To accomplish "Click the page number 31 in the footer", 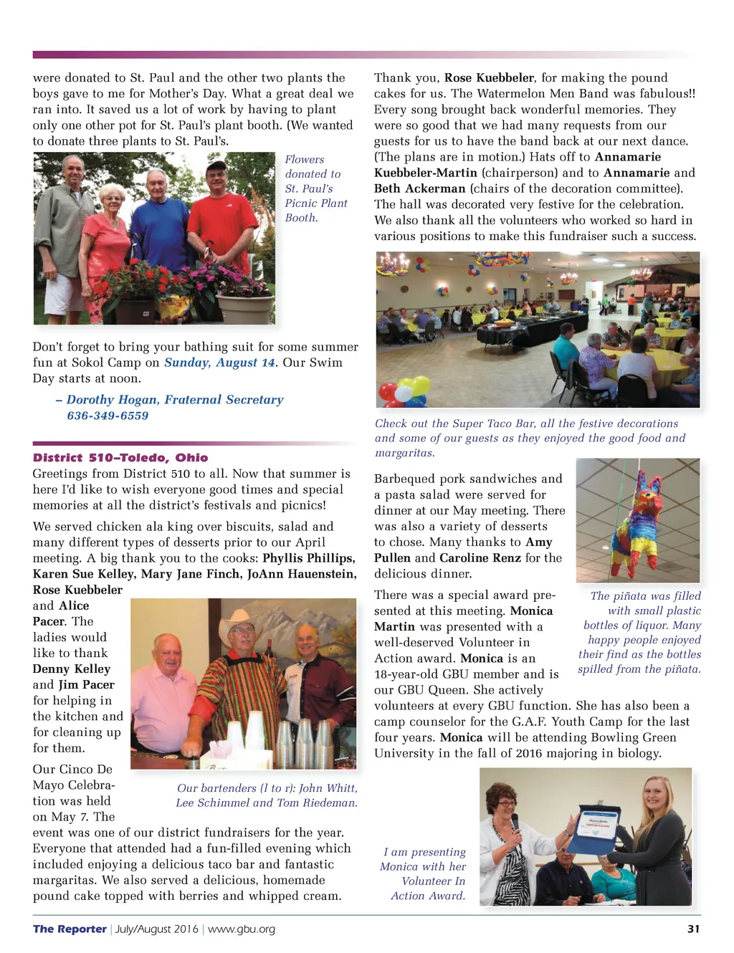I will point(692,929).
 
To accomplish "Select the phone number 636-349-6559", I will point(108,416).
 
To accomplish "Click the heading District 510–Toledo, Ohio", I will point(120,457).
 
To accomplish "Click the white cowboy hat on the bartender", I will point(241,622).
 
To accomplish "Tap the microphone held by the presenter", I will point(514,820).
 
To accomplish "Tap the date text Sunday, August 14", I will point(219,363).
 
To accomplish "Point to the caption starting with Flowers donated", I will point(315,188).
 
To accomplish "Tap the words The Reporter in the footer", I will point(70,929).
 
